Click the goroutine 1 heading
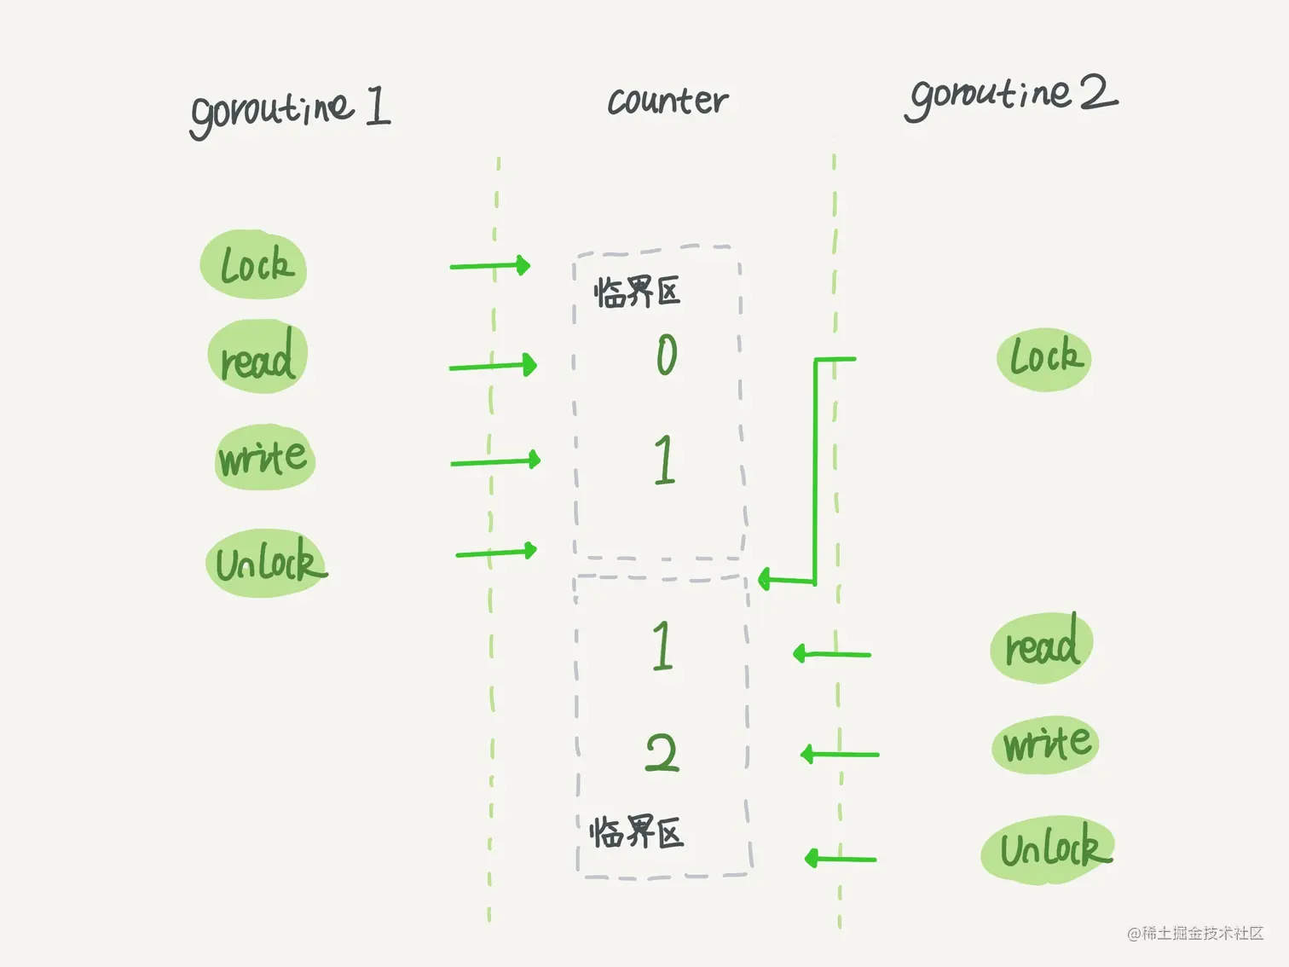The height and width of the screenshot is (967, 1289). (x=290, y=111)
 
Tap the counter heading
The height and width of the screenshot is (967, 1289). (x=668, y=101)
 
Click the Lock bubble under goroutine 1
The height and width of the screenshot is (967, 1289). (x=254, y=265)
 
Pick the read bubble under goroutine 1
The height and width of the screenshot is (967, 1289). (x=257, y=357)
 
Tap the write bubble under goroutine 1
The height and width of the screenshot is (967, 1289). (x=264, y=458)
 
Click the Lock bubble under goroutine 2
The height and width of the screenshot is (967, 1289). (x=1044, y=359)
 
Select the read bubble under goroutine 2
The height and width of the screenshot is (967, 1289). (x=1042, y=647)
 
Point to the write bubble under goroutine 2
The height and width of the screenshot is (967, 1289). (x=1046, y=744)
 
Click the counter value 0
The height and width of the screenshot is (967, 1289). (x=667, y=355)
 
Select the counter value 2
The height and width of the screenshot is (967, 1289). (x=662, y=753)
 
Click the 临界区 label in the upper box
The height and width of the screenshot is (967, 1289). (x=637, y=292)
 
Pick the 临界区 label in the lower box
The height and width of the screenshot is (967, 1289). (x=637, y=831)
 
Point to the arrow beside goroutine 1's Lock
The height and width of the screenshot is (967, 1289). (x=490, y=266)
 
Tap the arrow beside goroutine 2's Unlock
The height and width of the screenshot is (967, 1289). (x=841, y=858)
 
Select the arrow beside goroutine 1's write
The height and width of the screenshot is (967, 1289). (x=495, y=461)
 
